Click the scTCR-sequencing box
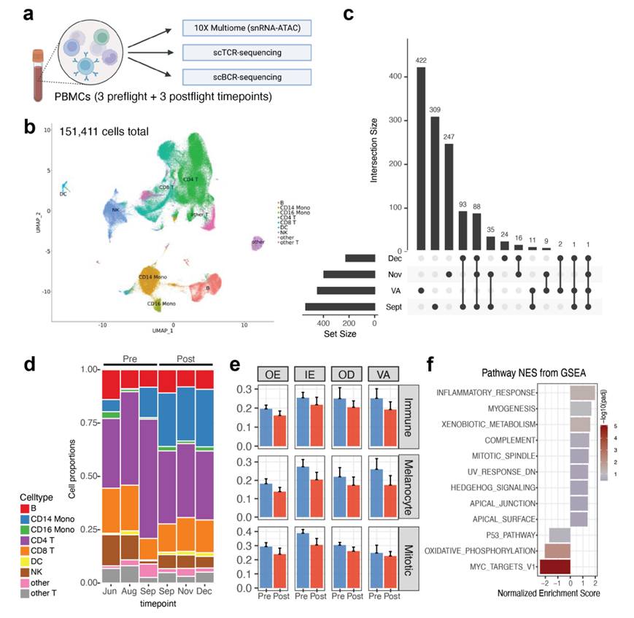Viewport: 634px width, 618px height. tap(247, 53)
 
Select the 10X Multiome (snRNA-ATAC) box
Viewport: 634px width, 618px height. tap(247, 28)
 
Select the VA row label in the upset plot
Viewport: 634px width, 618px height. tap(393, 290)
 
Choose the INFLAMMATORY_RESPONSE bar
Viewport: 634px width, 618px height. tap(584, 393)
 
